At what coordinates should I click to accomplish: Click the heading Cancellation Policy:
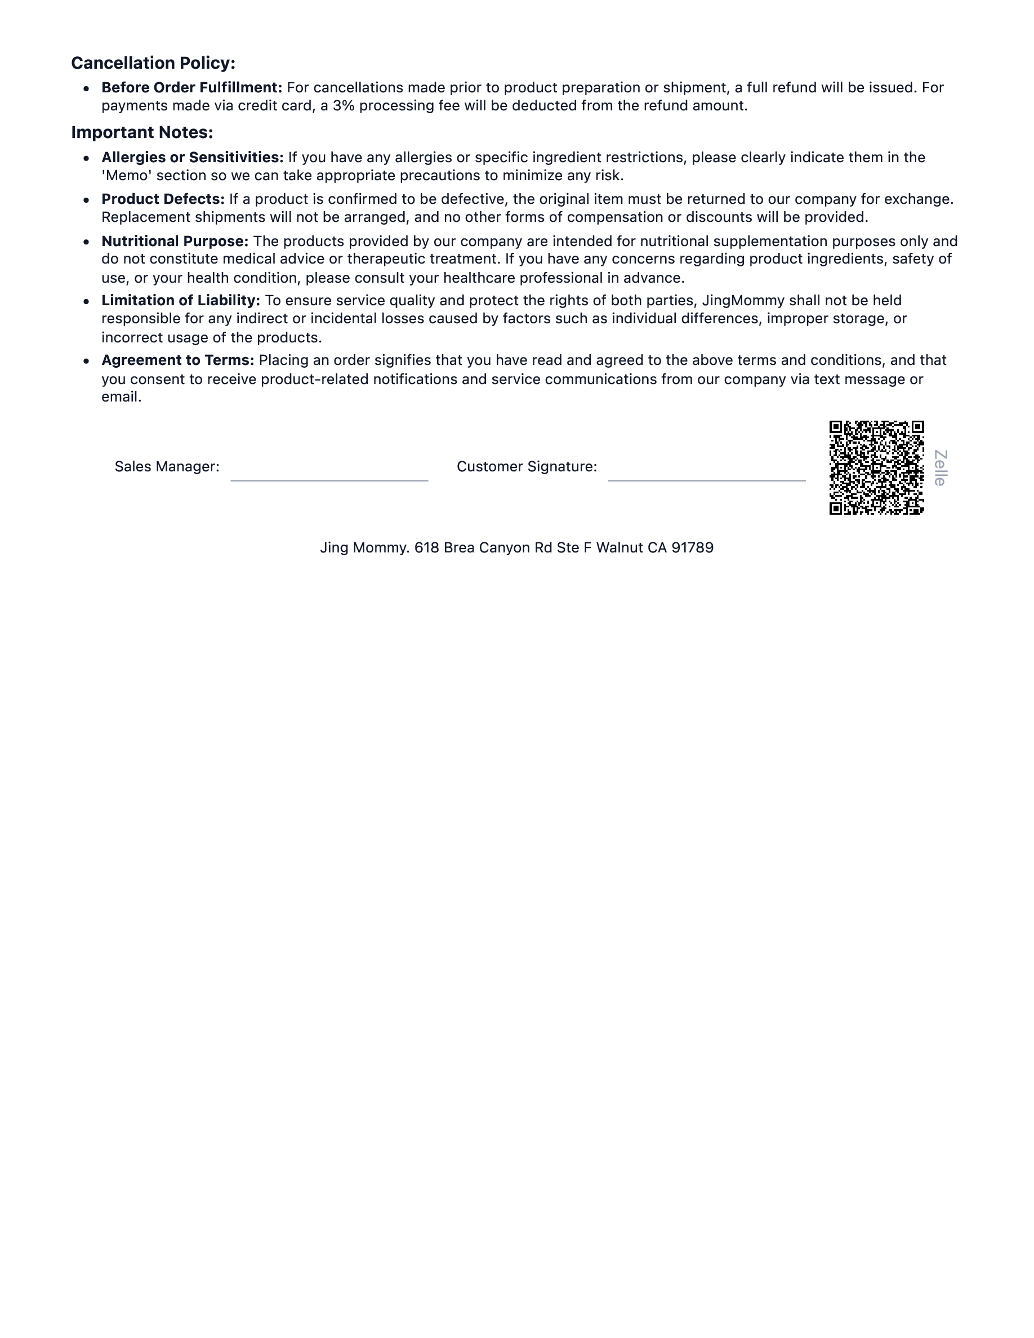point(153,63)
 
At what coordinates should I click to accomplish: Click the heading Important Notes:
point(142,132)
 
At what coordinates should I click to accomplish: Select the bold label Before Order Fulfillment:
point(191,88)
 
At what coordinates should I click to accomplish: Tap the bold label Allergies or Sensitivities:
point(193,158)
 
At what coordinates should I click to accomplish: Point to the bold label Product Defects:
point(163,199)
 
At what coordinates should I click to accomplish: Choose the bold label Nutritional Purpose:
point(175,242)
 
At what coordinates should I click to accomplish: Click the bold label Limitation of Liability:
point(181,301)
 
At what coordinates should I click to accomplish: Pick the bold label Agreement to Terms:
point(177,360)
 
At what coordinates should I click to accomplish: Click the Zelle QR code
point(876,467)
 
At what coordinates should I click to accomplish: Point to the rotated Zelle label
point(941,468)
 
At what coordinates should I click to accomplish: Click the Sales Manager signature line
point(329,480)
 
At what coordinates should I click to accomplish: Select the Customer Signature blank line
point(706,480)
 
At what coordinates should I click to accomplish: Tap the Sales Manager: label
point(167,467)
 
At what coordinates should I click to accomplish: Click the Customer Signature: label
point(527,467)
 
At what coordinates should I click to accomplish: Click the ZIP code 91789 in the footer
point(692,548)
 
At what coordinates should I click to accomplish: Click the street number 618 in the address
point(426,548)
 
